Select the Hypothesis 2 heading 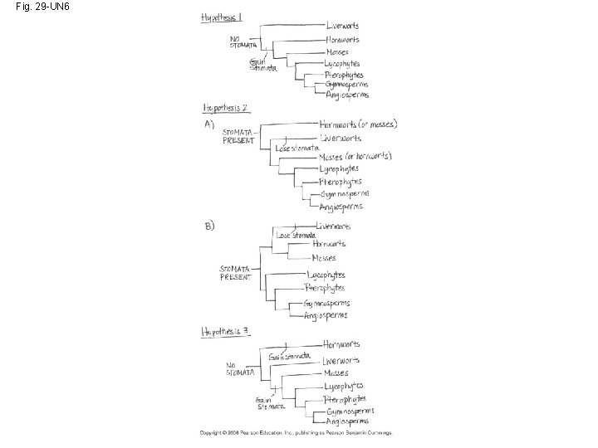[227, 108]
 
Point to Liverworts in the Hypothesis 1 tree [342, 27]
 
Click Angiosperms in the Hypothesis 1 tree [346, 95]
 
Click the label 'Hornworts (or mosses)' [358, 124]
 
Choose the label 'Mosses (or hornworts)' [355, 157]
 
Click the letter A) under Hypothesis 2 [209, 124]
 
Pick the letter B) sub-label [209, 226]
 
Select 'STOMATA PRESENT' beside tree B [236, 273]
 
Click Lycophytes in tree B [326, 275]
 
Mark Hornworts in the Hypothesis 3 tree [341, 343]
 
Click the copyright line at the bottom [295, 433]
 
